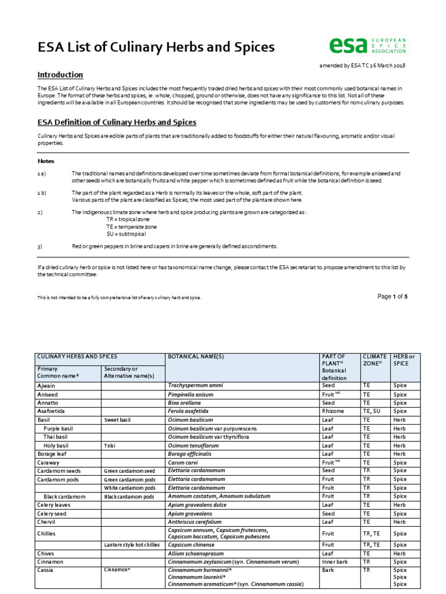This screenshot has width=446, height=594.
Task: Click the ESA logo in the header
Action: click(x=367, y=46)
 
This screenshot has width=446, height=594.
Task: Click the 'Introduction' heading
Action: click(x=60, y=75)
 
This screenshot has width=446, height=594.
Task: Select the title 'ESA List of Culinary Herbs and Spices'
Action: click(x=148, y=47)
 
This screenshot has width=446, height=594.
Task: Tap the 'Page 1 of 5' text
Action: click(x=392, y=296)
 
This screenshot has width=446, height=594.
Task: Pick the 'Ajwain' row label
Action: click(x=47, y=385)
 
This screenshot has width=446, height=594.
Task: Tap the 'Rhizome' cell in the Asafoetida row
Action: click(x=333, y=411)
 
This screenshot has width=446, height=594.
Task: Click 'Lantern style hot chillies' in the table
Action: click(x=131, y=545)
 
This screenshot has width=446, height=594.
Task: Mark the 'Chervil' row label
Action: click(x=46, y=522)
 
